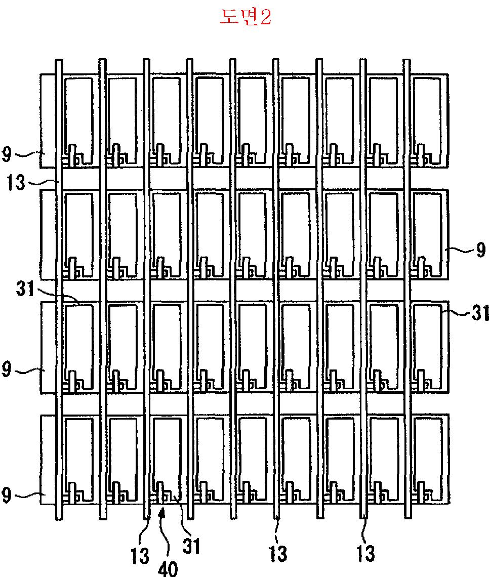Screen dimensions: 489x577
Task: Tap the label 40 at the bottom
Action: [168, 568]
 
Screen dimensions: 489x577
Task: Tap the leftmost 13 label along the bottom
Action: [140, 555]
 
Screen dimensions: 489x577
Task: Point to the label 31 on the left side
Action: [25, 290]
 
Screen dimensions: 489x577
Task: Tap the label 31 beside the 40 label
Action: [191, 546]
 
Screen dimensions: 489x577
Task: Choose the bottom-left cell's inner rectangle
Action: [78, 456]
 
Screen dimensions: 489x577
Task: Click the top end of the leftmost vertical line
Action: [59, 61]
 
